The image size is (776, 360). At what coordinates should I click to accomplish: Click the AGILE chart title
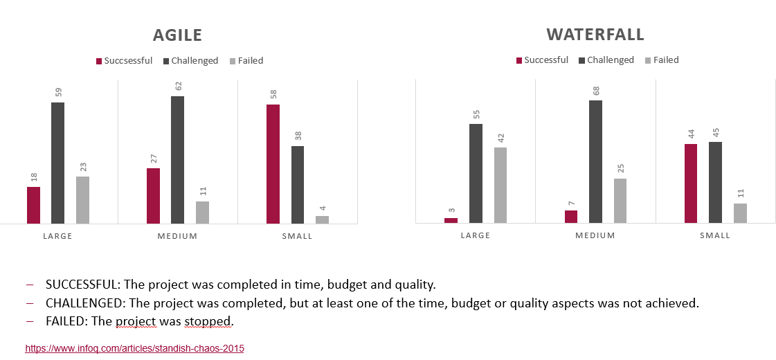(x=177, y=35)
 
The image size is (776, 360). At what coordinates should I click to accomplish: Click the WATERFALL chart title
(x=595, y=34)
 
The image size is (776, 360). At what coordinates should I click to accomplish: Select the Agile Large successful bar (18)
(x=33, y=205)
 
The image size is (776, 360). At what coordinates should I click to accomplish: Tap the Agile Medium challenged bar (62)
(x=177, y=160)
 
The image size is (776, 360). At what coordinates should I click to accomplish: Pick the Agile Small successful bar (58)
(x=273, y=164)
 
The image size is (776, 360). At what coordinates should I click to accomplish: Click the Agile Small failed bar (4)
(x=322, y=219)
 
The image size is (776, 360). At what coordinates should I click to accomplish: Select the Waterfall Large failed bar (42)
(x=500, y=185)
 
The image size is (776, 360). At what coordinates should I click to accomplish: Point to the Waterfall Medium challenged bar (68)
(x=595, y=161)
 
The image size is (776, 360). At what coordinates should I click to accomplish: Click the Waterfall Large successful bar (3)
(x=451, y=220)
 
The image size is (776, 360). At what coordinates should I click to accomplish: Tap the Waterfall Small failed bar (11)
(x=740, y=213)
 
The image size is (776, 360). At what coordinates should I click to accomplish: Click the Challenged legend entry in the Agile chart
(x=190, y=61)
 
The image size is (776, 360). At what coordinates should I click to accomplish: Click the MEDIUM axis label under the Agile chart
(x=177, y=236)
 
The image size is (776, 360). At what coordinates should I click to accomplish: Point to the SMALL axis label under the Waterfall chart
(x=715, y=235)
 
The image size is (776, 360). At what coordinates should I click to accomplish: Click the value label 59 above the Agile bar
(x=58, y=91)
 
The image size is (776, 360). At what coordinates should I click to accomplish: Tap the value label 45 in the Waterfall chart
(x=716, y=131)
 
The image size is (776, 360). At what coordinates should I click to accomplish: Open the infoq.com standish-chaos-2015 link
(x=134, y=349)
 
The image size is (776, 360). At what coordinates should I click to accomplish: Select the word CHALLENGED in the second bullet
(x=82, y=303)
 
